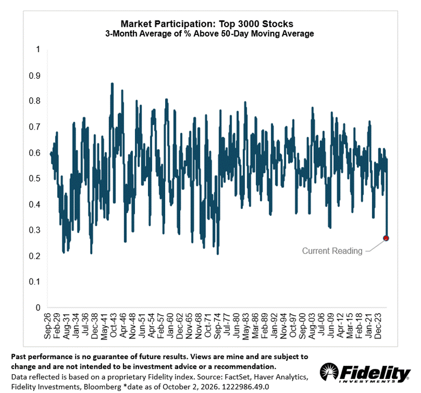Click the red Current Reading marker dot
pos(386,238)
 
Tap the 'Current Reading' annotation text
pos(332,250)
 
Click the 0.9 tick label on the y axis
pos(35,76)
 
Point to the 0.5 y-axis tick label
pos(35,178)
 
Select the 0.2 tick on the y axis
pos(35,256)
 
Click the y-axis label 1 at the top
pos(38,50)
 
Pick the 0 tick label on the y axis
pos(38,307)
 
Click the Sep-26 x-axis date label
pos(47,326)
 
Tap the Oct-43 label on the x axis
pos(113,326)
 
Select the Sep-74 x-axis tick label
pos(217,326)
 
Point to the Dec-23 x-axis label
pos(377,326)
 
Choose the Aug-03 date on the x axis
pos(311,326)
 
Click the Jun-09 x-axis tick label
pos(330,326)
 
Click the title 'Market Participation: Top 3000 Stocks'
pos(207,24)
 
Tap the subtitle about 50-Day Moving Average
pos(209,33)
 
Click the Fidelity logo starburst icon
pos(329,371)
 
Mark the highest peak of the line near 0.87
pos(112,84)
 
